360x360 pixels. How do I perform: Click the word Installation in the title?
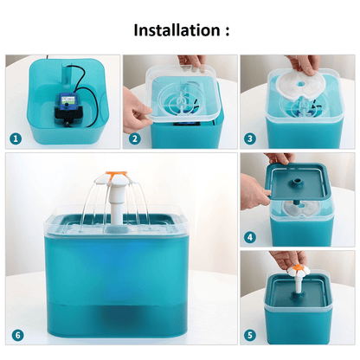pyautogui.click(x=177, y=30)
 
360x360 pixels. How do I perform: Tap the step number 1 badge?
pyautogui.click(x=16, y=138)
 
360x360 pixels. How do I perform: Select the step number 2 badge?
pyautogui.click(x=134, y=138)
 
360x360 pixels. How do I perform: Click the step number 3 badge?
pyautogui.click(x=250, y=138)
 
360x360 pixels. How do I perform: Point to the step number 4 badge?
pyautogui.click(x=250, y=237)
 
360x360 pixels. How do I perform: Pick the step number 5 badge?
pyautogui.click(x=250, y=335)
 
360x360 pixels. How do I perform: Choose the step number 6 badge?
pyautogui.click(x=18, y=335)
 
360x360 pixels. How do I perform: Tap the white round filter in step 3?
pyautogui.click(x=300, y=86)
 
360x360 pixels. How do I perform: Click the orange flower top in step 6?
pyautogui.click(x=116, y=174)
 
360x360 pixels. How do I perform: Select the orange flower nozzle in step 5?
pyautogui.click(x=298, y=269)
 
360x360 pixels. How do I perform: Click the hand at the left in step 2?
pyautogui.click(x=136, y=111)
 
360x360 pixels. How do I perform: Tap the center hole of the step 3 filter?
pyautogui.click(x=301, y=84)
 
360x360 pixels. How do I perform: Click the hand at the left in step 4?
pyautogui.click(x=254, y=191)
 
